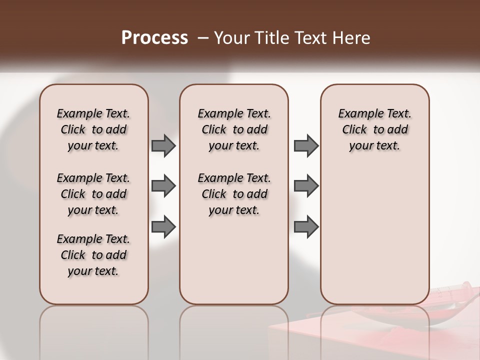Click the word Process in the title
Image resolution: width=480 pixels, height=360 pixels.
[x=154, y=37]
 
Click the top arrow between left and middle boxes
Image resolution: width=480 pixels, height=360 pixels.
[x=163, y=145]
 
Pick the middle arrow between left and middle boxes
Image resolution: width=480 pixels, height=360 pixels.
[x=163, y=186]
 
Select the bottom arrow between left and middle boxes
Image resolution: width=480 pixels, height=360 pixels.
[x=163, y=227]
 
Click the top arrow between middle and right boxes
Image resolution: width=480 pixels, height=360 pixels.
[x=306, y=145]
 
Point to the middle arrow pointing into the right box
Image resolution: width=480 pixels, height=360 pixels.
[x=306, y=186]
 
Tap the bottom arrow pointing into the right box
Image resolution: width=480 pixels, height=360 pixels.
[x=306, y=227]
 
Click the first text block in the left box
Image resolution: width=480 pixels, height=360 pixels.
[x=93, y=129]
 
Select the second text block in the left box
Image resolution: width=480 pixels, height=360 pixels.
[x=93, y=194]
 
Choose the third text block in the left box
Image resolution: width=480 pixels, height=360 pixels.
[x=93, y=255]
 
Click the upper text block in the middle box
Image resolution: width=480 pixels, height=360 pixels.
[x=234, y=129]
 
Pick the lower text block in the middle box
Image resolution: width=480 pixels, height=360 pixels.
[x=234, y=194]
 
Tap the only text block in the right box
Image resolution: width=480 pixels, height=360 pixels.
[x=375, y=129]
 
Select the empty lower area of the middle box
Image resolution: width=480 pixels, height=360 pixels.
[x=234, y=260]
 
